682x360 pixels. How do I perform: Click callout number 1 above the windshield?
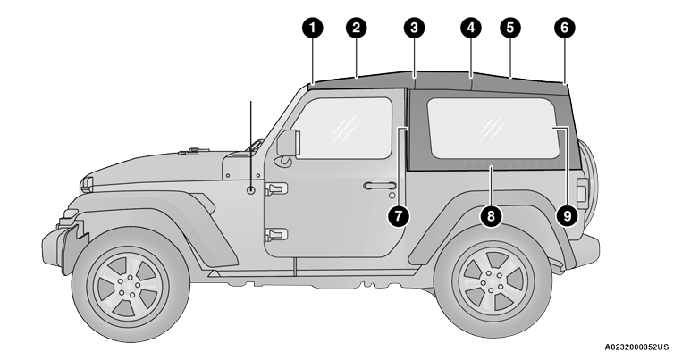point(312,28)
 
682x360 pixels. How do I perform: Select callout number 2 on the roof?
point(357,28)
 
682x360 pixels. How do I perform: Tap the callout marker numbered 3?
point(413,28)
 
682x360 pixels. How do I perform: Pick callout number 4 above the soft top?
point(471,28)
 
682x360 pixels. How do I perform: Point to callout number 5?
point(510,28)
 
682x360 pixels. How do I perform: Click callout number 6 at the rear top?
point(564,28)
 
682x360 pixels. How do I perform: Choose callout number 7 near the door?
point(400,214)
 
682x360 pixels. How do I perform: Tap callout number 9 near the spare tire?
point(564,214)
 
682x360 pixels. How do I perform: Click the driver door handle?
point(379,186)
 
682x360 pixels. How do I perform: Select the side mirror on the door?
point(288,144)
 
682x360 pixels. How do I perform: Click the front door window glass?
point(345,128)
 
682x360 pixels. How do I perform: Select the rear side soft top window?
point(492,127)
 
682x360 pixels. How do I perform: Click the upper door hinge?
point(275,188)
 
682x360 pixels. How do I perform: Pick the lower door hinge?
point(275,235)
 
